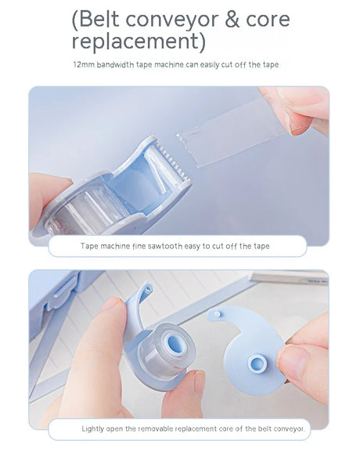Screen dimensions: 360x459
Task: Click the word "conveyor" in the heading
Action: pos(172,20)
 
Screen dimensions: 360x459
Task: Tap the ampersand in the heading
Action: pos(232,20)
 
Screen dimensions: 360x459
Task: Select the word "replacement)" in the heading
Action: pos(139,42)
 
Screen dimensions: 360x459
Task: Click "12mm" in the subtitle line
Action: pos(84,64)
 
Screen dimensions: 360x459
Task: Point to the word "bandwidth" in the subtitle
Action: pos(116,64)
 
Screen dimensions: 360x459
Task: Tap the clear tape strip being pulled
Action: pos(231,132)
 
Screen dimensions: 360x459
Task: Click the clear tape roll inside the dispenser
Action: pos(88,209)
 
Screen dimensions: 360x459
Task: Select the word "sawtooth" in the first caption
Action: pos(165,246)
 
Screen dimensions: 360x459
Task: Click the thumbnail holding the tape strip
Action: pos(299,124)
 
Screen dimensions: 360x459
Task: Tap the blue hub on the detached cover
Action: pos(257,363)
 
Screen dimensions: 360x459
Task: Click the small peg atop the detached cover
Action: pos(218,314)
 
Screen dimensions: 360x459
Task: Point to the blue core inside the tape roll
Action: pos(175,343)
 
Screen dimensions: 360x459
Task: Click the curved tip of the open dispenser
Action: pos(146,289)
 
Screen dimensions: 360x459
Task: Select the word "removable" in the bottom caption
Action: pos(155,429)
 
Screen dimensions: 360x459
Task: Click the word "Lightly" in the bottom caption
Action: pos(93,429)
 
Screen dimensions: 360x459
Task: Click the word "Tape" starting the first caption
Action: pos(89,246)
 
